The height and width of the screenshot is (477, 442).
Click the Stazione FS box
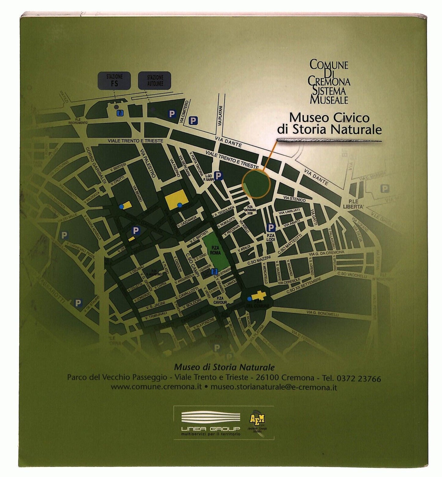point(114,80)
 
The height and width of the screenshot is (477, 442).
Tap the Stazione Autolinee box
point(155,80)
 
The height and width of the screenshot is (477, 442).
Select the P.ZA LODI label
point(271,237)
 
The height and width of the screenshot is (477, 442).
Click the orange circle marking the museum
point(256,185)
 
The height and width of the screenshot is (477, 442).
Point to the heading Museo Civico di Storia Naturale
point(329,123)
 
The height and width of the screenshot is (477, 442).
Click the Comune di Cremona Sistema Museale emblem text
point(329,82)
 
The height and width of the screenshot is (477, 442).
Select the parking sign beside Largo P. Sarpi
point(217,176)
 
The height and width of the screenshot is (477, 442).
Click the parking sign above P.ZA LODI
point(271,227)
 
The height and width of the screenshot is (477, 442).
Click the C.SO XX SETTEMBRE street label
point(303,286)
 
